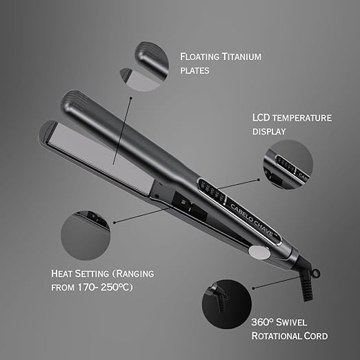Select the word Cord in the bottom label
314,336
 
